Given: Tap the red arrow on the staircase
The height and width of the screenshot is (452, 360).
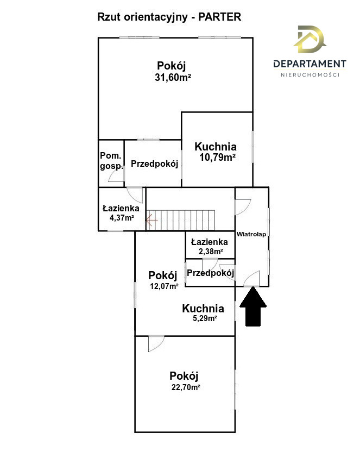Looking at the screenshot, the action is point(151,221).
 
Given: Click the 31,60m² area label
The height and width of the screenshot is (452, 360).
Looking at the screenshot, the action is point(173,78).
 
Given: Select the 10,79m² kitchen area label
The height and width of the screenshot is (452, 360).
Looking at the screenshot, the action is point(218,158).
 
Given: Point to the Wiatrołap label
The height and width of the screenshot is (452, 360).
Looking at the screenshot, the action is point(251,234).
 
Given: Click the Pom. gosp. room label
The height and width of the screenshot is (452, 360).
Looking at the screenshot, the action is point(111,161).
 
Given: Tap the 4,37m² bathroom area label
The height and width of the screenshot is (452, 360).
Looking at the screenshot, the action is point(122,218).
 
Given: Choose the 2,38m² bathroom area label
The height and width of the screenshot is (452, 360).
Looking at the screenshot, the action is point(211,252).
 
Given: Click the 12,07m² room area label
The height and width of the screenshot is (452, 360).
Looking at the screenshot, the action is point(164,286).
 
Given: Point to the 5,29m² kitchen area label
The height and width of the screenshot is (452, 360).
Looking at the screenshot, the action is point(205,318).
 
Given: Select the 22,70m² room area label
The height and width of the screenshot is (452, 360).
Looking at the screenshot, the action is point(186,387).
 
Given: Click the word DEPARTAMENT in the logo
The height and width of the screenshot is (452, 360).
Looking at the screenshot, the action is point(310,64).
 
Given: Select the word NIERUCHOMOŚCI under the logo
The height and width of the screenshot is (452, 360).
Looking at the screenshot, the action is point(310,75).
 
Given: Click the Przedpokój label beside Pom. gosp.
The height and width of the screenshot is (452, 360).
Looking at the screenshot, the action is point(155,164).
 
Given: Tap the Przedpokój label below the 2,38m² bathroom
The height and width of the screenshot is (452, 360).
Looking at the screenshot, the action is point(210,273).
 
